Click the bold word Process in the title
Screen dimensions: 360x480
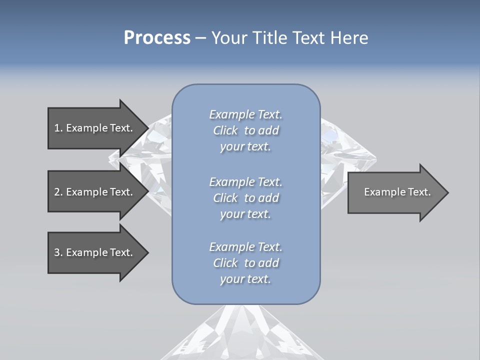coord(157,37)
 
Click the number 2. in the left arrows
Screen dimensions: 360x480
coord(58,192)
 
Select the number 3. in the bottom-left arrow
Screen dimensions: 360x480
coord(58,252)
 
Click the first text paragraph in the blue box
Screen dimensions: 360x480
coord(245,130)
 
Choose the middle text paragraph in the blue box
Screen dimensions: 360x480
coord(245,198)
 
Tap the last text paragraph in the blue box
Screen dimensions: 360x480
coord(245,263)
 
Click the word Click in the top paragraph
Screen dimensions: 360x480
coord(225,130)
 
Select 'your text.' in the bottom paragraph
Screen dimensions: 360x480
coord(245,279)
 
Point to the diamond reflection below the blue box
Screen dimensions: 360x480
coord(242,332)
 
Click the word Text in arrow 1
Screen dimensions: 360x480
coord(121,128)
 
